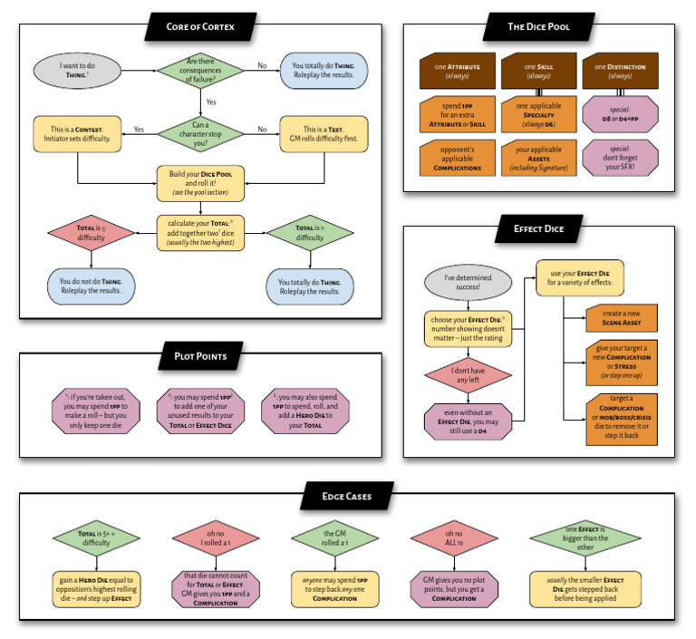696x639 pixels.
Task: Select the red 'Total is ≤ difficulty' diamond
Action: pyautogui.click(x=78, y=233)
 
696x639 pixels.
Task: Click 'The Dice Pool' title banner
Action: pyautogui.click(x=539, y=27)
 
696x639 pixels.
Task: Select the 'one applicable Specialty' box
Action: pyautogui.click(x=538, y=114)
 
